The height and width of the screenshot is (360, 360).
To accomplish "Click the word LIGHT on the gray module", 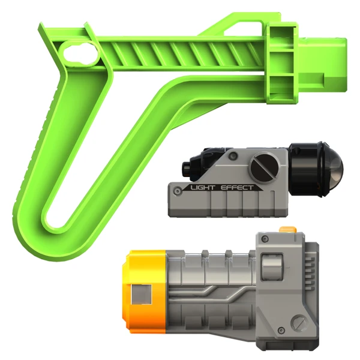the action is point(203,188).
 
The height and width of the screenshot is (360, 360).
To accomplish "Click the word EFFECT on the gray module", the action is point(237,188).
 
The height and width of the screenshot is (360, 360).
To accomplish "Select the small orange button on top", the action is point(287,229).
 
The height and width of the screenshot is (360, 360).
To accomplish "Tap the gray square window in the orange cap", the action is point(141,295).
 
